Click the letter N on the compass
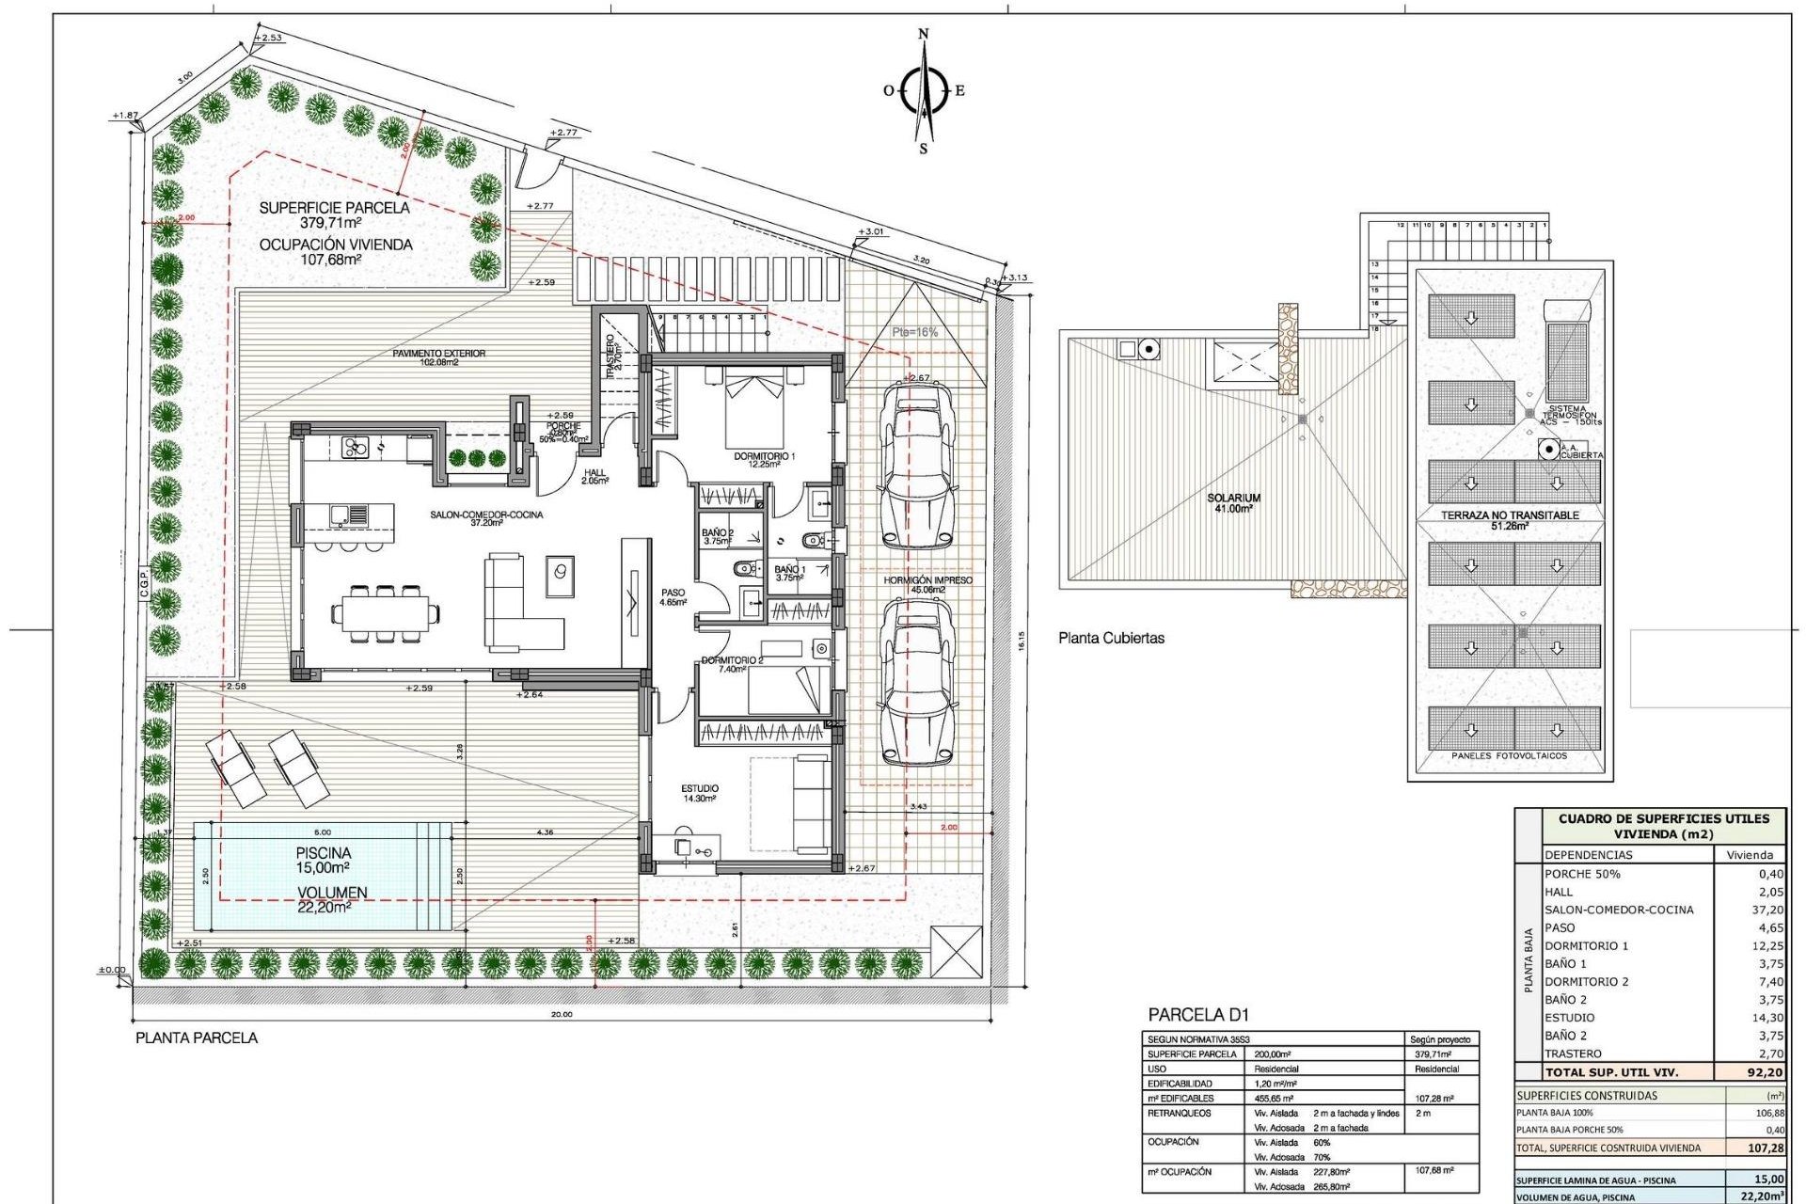pos(923,34)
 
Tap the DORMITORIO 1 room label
pos(764,460)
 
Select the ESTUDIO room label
pos(700,793)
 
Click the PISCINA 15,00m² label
pos(323,860)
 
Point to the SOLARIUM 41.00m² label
pos(1233,503)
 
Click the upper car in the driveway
pos(916,467)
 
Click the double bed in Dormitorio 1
pos(754,410)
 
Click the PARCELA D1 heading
pos(1198,1015)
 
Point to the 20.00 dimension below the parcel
pos(561,1015)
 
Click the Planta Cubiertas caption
pos(1111,638)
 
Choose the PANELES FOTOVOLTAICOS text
pos(1509,755)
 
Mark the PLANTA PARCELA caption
pos(197,1038)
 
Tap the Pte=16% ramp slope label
pos(914,332)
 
